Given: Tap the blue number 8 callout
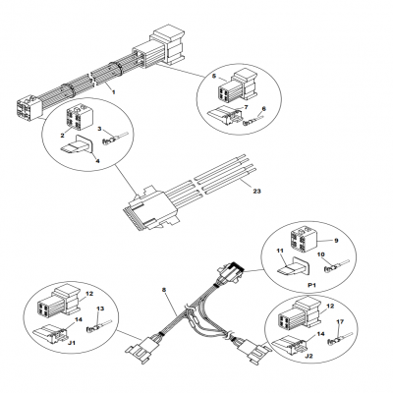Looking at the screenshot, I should pyautogui.click(x=164, y=291).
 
